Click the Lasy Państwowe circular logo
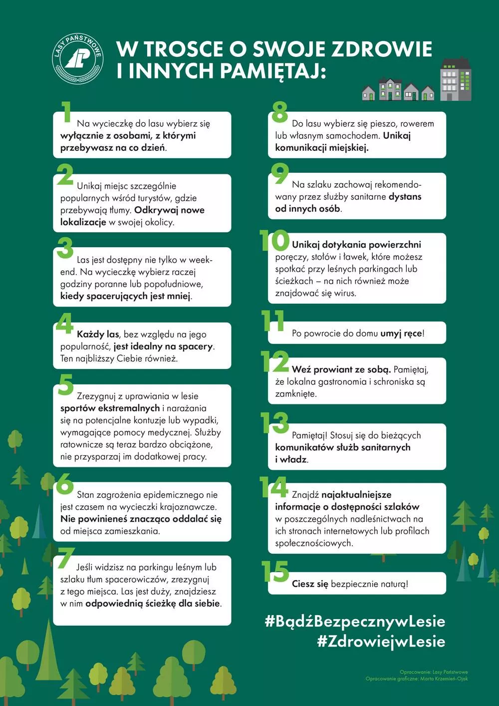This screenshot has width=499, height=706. coord(78,59)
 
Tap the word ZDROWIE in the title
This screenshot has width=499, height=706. coord(382,49)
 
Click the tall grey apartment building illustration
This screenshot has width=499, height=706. coord(455,79)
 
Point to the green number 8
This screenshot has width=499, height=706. coord(279,112)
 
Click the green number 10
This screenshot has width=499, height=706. coord(274,241)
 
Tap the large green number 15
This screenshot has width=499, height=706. coord(275,572)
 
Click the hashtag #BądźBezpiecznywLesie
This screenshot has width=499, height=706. coord(355,622)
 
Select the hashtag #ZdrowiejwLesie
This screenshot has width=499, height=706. coord(381,642)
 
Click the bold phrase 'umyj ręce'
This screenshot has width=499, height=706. coord(401,333)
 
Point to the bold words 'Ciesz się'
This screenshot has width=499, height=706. coord(310,584)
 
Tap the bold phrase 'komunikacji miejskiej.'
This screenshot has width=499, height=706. coord(322,148)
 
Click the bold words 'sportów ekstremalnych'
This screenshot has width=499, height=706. coord(110,408)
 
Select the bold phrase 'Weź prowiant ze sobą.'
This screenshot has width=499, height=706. coord(341,369)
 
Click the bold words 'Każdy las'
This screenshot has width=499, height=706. coord(98,334)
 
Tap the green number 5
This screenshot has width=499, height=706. coord(65,384)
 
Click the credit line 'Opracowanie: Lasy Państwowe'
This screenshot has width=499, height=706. coord(434,672)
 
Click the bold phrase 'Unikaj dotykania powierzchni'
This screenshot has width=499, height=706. coord(356,245)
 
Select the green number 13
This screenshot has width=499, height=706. coord(275,423)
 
